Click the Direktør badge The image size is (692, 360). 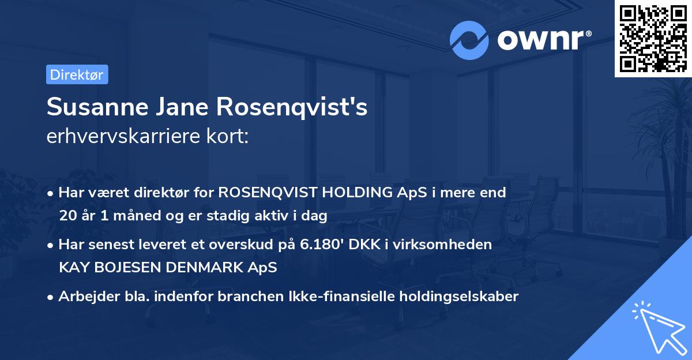[77, 74]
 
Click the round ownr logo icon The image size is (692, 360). [469, 40]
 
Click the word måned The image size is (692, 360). [135, 216]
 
